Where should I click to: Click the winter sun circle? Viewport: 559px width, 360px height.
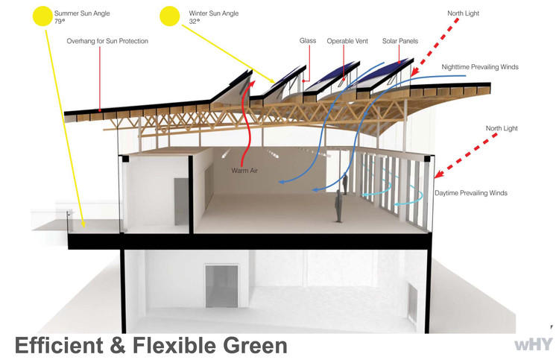(170, 16)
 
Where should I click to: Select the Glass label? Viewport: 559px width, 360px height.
(308, 41)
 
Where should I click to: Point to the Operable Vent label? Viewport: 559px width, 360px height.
(345, 41)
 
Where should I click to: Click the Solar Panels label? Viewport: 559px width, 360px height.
(401, 41)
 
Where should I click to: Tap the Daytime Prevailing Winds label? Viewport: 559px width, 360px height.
(471, 193)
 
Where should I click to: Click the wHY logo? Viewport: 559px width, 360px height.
(534, 345)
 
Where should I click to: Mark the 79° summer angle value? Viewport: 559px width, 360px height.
(60, 22)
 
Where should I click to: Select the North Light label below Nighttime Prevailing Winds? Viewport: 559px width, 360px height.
(502, 127)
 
